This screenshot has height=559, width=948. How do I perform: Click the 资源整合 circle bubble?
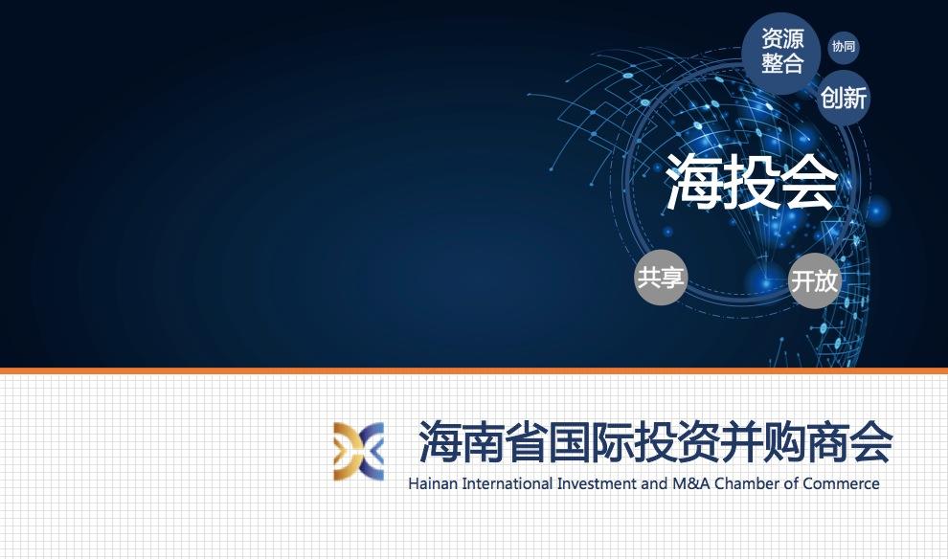tap(781, 52)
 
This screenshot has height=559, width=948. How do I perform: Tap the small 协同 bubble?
tap(844, 47)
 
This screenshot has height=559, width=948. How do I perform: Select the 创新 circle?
tap(844, 98)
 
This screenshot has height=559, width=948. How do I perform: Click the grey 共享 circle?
tap(660, 278)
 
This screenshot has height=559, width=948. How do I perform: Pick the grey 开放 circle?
tap(815, 280)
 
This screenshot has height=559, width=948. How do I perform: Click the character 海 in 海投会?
tap(694, 181)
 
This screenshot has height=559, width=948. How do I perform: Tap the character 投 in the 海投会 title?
tap(752, 181)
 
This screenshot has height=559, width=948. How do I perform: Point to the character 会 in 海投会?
tap(810, 181)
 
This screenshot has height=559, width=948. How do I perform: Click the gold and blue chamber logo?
tap(358, 452)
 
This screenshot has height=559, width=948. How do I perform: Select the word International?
tap(508, 483)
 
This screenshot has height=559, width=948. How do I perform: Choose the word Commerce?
tap(842, 483)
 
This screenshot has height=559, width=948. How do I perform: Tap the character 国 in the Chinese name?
tap(569, 442)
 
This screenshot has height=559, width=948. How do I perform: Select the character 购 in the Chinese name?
tap(784, 442)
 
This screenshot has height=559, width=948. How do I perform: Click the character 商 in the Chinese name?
tap(827, 442)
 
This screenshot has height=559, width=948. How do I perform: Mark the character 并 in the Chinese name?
tap(741, 442)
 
